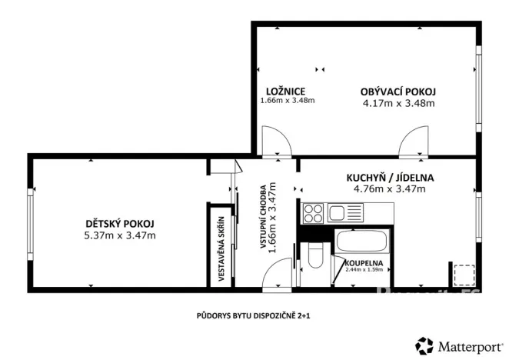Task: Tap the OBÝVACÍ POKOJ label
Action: pyautogui.click(x=398, y=92)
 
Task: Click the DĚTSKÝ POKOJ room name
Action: pyautogui.click(x=120, y=224)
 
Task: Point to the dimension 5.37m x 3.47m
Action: pyautogui.click(x=120, y=235)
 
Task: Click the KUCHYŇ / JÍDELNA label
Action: pyautogui.click(x=393, y=177)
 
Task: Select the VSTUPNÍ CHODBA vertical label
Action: pyautogui.click(x=264, y=215)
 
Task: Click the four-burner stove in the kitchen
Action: pyautogui.click(x=314, y=212)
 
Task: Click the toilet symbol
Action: pyautogui.click(x=313, y=257)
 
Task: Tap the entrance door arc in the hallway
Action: pyautogui.click(x=278, y=274)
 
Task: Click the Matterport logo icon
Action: pyautogui.click(x=424, y=345)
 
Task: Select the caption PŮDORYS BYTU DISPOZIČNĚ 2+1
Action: pyautogui.click(x=253, y=315)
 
